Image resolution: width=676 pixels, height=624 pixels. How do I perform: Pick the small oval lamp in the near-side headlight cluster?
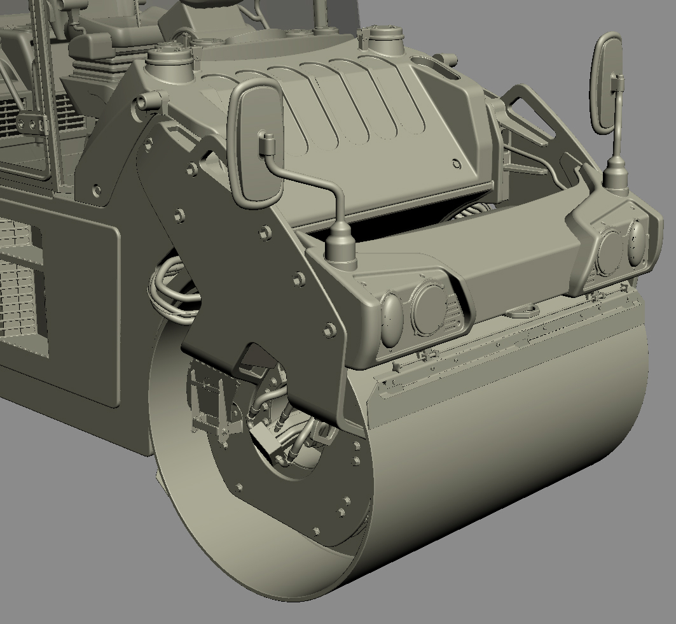(392, 316)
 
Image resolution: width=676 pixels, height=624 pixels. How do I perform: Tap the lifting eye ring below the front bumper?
(523, 311)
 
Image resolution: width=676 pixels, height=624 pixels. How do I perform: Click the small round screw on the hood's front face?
(456, 164)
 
